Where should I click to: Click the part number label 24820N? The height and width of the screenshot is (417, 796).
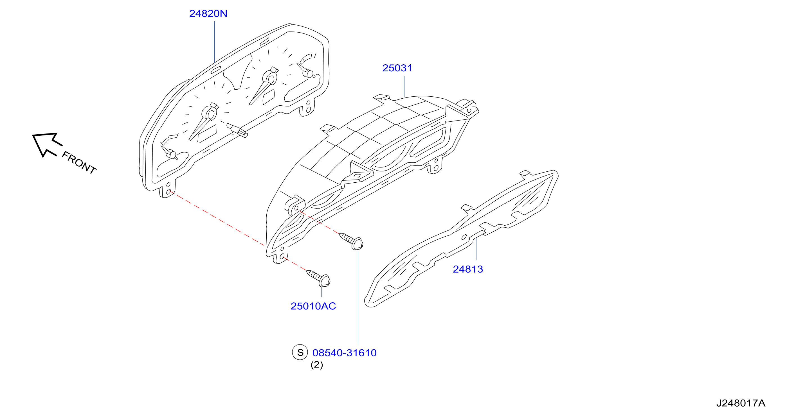pos(208,13)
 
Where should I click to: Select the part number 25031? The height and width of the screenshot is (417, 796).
pos(397,68)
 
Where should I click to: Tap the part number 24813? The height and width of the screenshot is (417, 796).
pos(468,269)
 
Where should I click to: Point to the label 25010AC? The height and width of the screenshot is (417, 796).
pos(313,306)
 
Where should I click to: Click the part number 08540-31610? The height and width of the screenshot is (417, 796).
pos(344,353)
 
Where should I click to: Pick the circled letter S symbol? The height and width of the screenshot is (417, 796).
pos(300,352)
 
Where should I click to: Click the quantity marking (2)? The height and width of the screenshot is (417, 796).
pos(317,365)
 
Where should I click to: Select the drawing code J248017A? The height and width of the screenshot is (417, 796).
pos(741,403)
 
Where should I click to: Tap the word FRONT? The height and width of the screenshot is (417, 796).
pos(79,163)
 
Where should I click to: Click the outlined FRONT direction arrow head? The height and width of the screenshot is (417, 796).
pos(46,144)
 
